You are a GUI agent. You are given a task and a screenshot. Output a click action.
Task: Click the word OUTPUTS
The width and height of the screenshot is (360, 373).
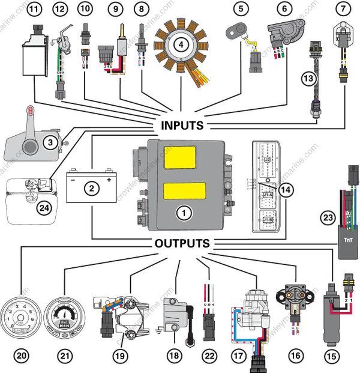point(182,244)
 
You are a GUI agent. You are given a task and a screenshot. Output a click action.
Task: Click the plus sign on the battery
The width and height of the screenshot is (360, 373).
point(109,179)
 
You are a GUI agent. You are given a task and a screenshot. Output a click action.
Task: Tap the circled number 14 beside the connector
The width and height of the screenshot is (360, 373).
point(287,189)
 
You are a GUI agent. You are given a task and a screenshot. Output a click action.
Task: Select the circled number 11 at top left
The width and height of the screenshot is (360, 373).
point(35,9)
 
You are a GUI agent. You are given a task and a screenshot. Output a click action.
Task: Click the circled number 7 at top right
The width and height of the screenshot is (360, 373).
point(343,9)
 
